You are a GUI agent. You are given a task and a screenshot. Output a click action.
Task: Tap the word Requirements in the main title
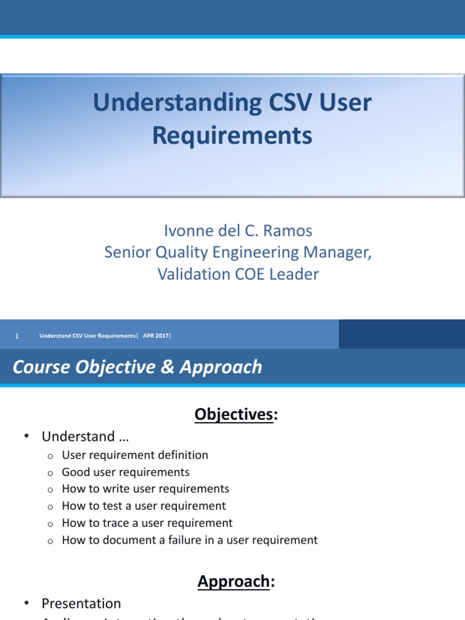click(x=232, y=136)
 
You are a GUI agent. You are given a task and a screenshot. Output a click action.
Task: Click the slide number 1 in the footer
click(x=17, y=336)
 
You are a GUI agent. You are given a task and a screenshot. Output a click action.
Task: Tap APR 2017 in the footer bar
click(x=156, y=336)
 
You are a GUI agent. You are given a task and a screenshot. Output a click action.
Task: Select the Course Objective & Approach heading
click(x=137, y=367)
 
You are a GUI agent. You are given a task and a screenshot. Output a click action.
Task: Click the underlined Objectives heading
click(x=234, y=414)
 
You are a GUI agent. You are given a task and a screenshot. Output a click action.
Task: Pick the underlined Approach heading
click(x=234, y=581)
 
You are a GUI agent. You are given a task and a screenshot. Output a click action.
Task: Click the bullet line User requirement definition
click(x=135, y=455)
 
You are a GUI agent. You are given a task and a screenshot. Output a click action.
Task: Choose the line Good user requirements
click(x=125, y=472)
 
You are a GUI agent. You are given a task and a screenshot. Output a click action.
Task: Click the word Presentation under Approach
click(x=81, y=604)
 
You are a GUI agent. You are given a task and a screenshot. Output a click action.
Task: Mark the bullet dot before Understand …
click(x=27, y=437)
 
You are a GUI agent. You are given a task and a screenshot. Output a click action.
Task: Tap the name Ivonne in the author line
click(x=185, y=231)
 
